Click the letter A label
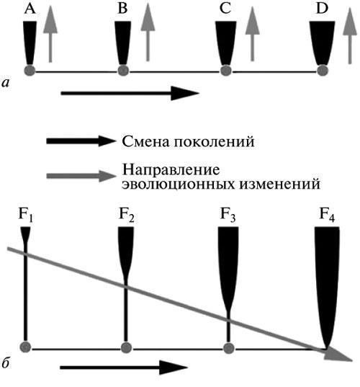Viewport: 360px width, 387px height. tap(30, 9)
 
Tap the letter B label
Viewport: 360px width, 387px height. tap(122, 9)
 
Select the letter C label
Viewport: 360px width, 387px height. tap(225, 9)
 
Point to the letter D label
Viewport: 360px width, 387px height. tap(322, 9)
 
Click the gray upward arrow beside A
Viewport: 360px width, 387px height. tap(50, 34)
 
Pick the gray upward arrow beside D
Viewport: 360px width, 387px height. tap(350, 36)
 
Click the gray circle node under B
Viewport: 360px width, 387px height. tap(123, 71)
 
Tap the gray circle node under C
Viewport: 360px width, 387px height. tap(225, 71)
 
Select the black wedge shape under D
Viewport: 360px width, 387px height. tap(322, 43)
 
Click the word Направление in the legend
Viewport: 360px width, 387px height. tap(171, 170)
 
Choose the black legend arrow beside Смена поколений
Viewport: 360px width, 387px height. tap(81, 141)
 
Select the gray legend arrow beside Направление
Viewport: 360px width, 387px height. tap(81, 176)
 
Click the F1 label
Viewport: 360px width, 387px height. tap(26, 215)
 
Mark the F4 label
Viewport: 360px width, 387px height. tap(327, 215)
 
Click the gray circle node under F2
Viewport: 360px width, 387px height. tap(126, 347)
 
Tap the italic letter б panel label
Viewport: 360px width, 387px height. tap(6, 362)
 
